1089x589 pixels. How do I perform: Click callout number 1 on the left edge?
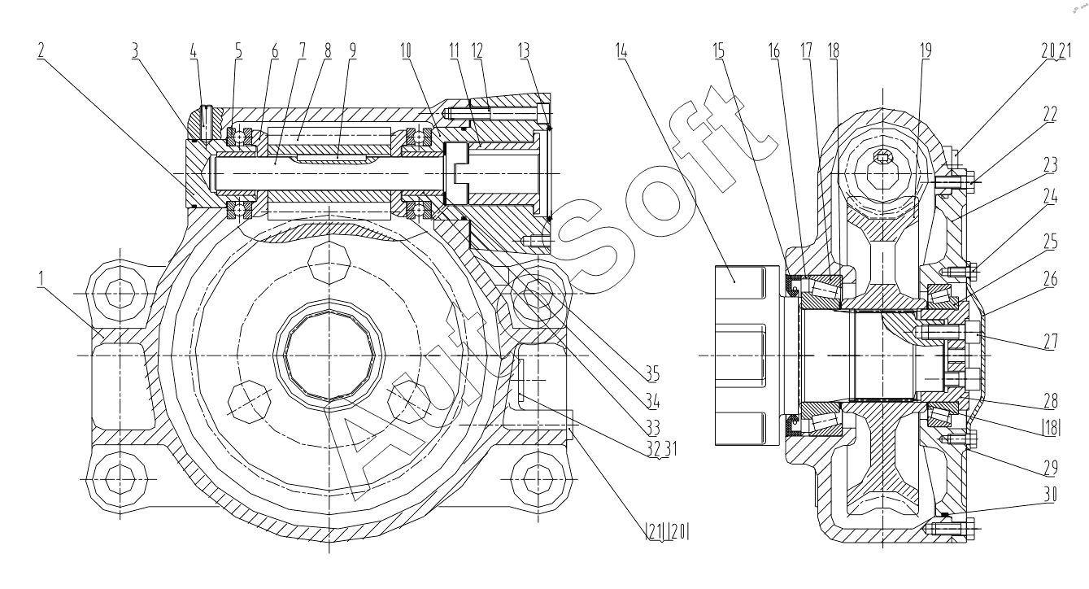[41, 279]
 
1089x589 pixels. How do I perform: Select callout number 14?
[621, 50]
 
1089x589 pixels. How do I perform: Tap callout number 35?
[652, 374]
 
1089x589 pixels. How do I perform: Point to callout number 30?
[1050, 495]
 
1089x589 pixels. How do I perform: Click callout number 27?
[1050, 341]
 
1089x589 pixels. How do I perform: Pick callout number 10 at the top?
[406, 50]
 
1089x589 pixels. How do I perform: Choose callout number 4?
[194, 50]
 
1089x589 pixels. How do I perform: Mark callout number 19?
[926, 50]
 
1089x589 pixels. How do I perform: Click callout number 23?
[1050, 165]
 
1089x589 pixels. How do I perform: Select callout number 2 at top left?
[41, 50]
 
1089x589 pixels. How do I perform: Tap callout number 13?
[524, 50]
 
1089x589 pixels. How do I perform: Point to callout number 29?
[1050, 468]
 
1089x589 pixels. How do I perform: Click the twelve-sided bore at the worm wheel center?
[329, 356]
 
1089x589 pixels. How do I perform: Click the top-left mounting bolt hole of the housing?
[119, 294]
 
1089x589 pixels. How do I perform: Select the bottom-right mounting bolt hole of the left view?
[538, 478]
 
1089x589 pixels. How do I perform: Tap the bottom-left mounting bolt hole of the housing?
[119, 478]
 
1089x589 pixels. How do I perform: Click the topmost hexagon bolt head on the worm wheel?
[329, 264]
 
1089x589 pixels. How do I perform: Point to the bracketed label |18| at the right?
[1051, 429]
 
